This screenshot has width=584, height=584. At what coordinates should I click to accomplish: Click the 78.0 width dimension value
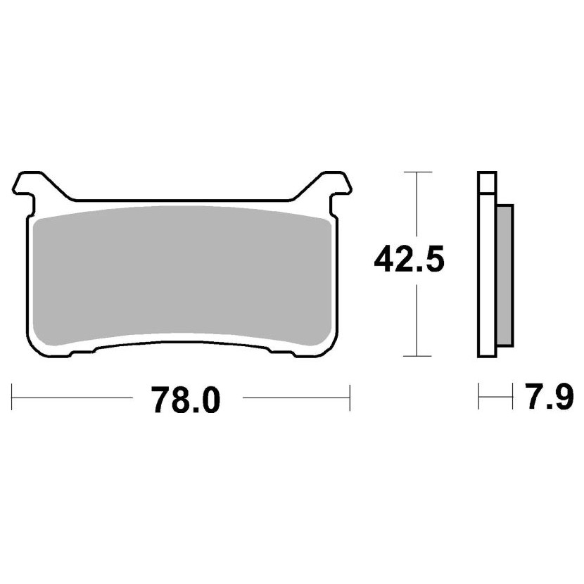coord(187,400)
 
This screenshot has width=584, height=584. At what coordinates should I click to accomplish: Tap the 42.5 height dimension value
coord(409,259)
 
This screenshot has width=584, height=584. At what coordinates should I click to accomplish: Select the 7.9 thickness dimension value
coord(550,395)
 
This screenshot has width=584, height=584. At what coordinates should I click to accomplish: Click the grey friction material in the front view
coord(182,276)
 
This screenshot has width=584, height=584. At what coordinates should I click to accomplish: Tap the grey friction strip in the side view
coord(505,275)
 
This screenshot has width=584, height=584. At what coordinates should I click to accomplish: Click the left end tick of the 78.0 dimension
coord(12,398)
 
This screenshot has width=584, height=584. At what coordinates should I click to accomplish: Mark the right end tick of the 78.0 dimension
coord(350,398)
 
